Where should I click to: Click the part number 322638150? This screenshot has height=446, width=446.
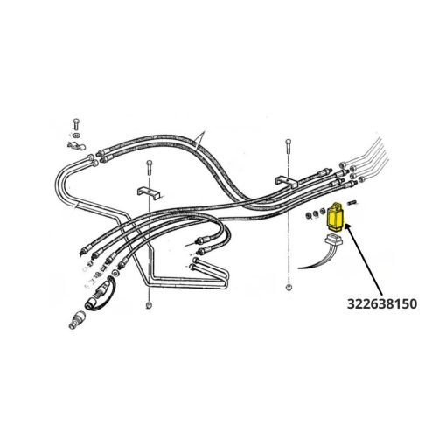382,304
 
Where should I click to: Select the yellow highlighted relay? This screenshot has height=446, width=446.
336,217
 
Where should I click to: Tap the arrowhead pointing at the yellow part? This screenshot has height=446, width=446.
348,227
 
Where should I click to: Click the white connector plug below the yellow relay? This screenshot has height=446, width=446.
334,240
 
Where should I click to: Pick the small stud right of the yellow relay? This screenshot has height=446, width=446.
352,202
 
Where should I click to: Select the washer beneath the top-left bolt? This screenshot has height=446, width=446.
77,136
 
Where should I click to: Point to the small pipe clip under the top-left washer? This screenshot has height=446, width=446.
75,145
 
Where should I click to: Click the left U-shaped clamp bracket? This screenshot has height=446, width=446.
149,192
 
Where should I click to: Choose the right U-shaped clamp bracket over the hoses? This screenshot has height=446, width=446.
287,181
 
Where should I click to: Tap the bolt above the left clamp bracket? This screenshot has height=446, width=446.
150,167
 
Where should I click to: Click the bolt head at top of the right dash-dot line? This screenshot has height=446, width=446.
289,143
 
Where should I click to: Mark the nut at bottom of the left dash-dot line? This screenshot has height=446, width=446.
149,305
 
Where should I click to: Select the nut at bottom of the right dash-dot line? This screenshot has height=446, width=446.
289,288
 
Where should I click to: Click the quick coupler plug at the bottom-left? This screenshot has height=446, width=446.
76,320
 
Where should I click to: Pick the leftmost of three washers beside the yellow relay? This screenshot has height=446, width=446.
310,216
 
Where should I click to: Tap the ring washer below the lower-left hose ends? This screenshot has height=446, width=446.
115,274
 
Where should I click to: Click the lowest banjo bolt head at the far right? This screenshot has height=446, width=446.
363,179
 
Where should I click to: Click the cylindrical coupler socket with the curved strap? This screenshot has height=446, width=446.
93,303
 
